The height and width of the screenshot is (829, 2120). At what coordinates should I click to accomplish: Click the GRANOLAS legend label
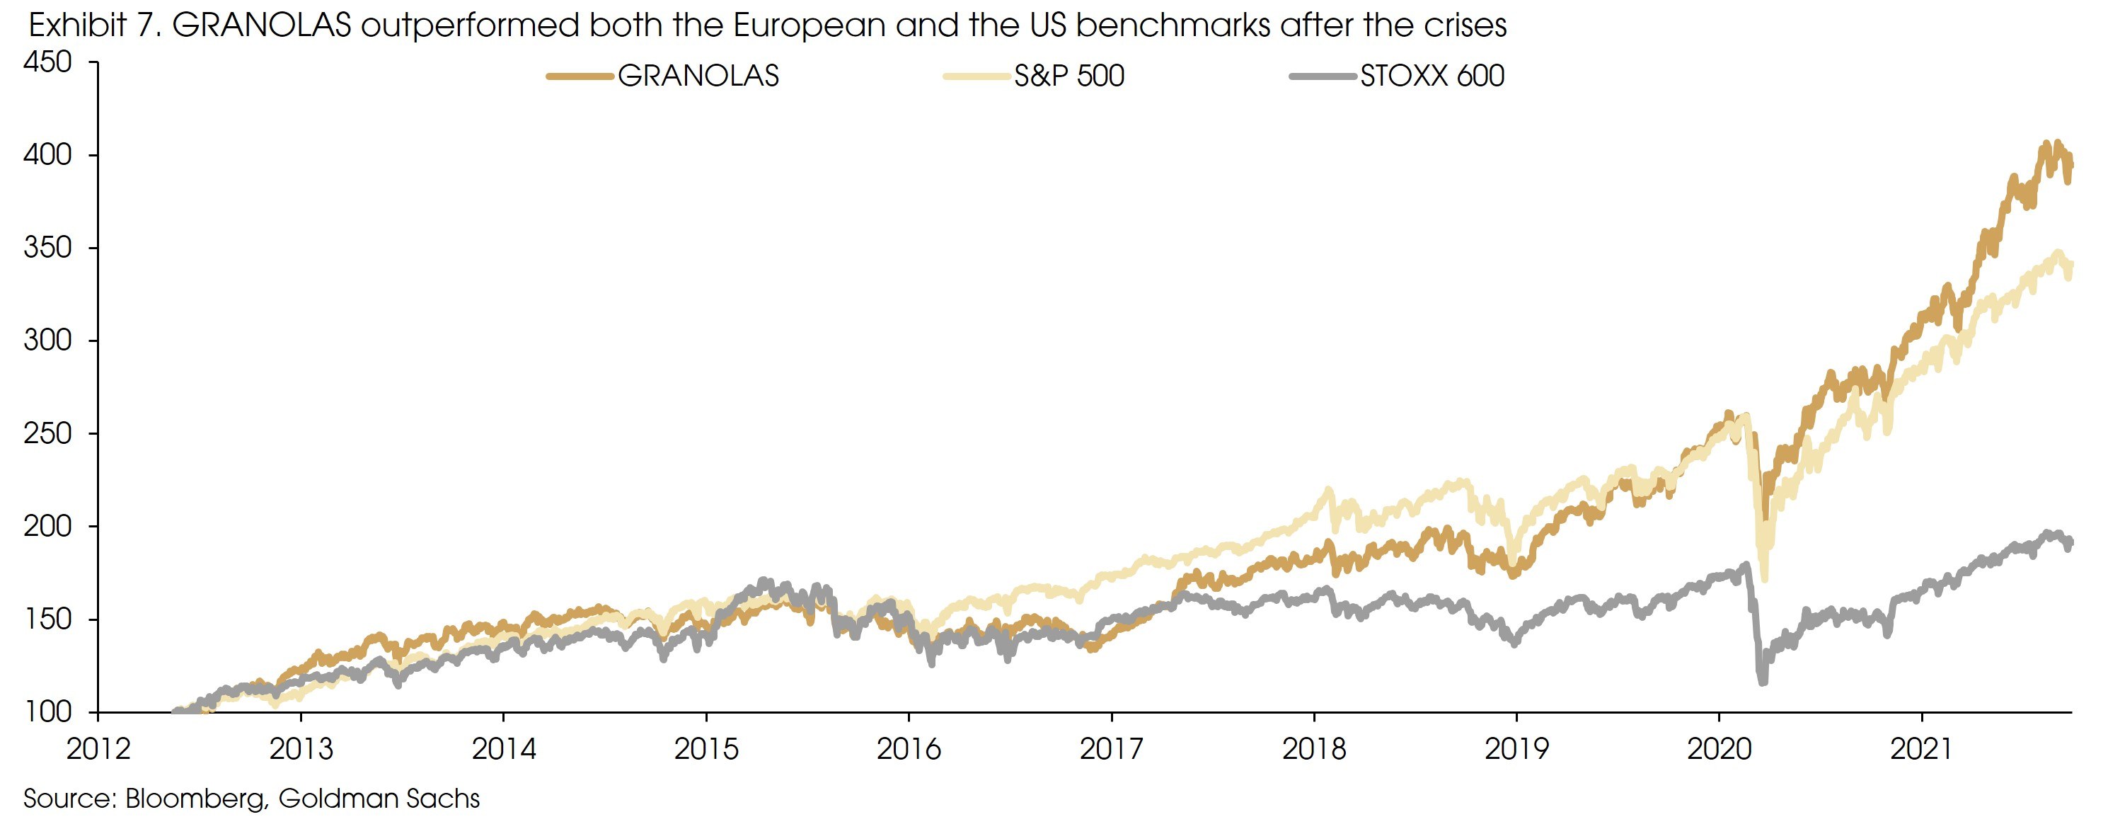point(698,76)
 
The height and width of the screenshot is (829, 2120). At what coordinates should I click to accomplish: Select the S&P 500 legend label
point(1068,76)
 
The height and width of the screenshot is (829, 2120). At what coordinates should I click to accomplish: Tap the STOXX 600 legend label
point(1432,76)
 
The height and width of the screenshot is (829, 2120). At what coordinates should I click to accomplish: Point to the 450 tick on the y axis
point(47,62)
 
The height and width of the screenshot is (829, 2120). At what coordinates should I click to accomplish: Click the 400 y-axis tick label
point(47,155)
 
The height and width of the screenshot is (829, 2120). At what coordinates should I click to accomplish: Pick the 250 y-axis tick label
point(47,433)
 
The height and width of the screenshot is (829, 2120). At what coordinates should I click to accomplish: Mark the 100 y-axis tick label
point(47,711)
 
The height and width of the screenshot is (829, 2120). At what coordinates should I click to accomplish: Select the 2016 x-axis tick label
point(909,749)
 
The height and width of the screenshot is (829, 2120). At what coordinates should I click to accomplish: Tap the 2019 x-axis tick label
point(1516,749)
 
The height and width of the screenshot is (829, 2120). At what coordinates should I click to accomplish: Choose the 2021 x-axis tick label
point(1921,749)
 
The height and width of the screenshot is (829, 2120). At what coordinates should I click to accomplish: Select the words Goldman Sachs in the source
point(379,799)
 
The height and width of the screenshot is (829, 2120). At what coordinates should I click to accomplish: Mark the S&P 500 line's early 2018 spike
point(1327,491)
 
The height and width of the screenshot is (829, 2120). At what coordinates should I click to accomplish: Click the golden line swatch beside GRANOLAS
point(580,76)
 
